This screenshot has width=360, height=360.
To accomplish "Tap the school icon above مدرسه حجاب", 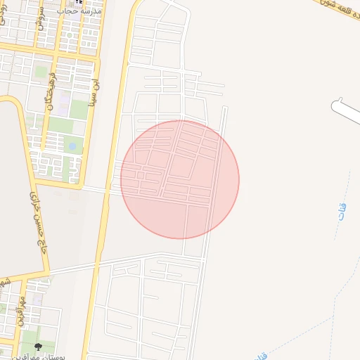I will (x=77, y=2).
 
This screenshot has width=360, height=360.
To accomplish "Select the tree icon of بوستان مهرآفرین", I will (x=38, y=346).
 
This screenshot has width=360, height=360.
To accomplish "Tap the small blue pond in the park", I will (x=72, y=146).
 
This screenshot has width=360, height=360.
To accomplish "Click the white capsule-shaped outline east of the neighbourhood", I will (x=345, y=112).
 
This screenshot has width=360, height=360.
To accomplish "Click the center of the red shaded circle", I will (x=180, y=179).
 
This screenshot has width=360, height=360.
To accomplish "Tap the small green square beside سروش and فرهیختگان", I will (x=41, y=71).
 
